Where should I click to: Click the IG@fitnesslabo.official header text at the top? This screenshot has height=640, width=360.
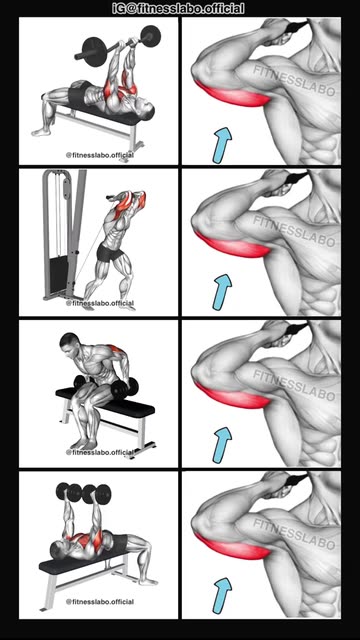coord(178,8)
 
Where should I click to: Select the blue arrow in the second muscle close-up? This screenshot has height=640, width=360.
coord(222,292)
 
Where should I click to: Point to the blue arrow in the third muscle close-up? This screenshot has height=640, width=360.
coord(222,444)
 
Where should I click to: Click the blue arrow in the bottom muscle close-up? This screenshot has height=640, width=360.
coord(222,595)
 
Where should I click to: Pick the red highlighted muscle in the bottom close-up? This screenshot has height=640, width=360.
coord(232,547)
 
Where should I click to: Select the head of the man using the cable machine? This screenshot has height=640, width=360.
coord(140,199)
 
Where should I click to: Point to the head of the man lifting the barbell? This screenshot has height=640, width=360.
coord(146,109)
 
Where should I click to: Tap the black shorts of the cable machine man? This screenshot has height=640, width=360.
coord(110,254)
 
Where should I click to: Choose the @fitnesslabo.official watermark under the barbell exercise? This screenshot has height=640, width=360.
coord(100,155)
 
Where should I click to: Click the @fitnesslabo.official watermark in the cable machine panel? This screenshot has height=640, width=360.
coord(100,303)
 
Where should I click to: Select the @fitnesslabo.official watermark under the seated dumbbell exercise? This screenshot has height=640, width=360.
coord(100,452)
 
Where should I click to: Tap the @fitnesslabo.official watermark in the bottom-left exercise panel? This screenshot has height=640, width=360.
coord(100,602)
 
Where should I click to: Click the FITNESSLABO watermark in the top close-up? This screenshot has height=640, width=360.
coord(294,81)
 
